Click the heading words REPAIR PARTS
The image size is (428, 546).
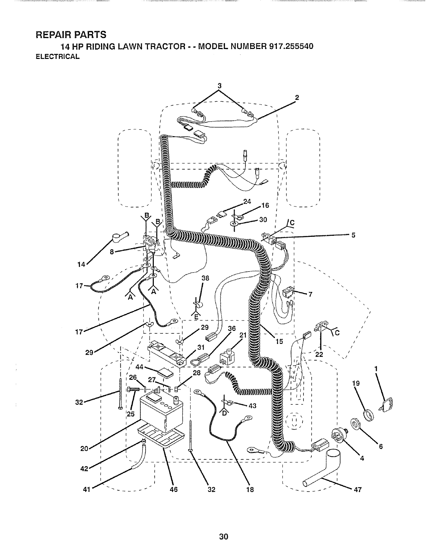(x=71, y=35)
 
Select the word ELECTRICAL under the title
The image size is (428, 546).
(x=58, y=57)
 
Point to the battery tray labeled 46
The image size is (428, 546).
(x=160, y=437)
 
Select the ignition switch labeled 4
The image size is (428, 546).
(x=339, y=437)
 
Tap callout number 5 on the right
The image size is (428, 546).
(x=353, y=235)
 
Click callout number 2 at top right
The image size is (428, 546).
(x=297, y=97)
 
